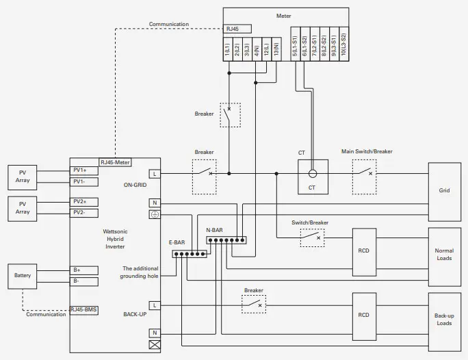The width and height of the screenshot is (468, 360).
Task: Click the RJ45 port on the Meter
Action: [237, 29]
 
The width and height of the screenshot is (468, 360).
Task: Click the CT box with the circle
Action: [312, 177]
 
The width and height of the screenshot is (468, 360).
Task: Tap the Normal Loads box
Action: [444, 254]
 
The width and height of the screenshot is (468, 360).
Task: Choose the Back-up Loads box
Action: [444, 319]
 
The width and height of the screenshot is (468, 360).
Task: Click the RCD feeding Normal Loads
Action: [363, 250]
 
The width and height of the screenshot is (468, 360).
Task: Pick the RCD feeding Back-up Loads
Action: [363, 315]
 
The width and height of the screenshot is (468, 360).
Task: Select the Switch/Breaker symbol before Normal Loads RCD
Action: [312, 237]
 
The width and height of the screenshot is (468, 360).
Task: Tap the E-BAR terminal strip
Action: [190, 254]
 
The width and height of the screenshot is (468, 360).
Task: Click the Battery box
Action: [23, 276]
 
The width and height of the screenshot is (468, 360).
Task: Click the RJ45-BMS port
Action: [83, 310]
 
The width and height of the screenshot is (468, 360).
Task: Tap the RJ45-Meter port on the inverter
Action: [115, 162]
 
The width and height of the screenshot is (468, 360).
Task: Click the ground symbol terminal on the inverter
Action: [155, 214]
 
